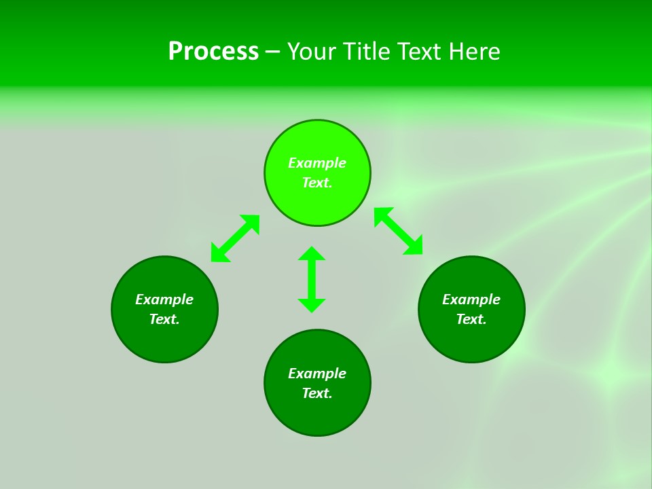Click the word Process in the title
(213, 52)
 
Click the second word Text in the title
(424, 52)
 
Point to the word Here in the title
(477, 52)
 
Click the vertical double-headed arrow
(312, 279)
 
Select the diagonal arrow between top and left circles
(235, 238)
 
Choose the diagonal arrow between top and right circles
(398, 231)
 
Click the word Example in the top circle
(317, 163)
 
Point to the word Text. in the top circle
(317, 183)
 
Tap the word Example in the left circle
(164, 300)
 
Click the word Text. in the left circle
(164, 319)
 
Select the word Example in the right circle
(471, 300)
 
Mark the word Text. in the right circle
(471, 319)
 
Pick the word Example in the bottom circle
(317, 374)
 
